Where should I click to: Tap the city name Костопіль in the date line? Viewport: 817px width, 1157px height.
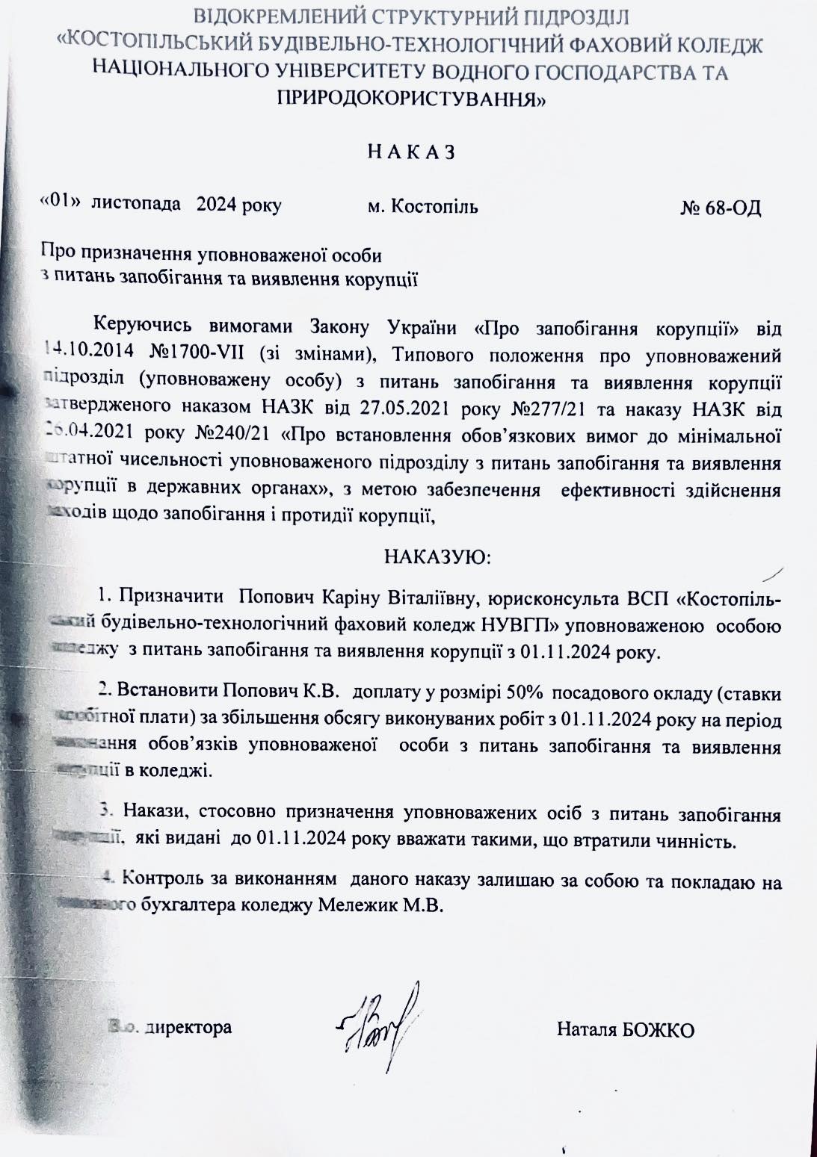434,206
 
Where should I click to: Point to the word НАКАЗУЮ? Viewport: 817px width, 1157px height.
437,557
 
